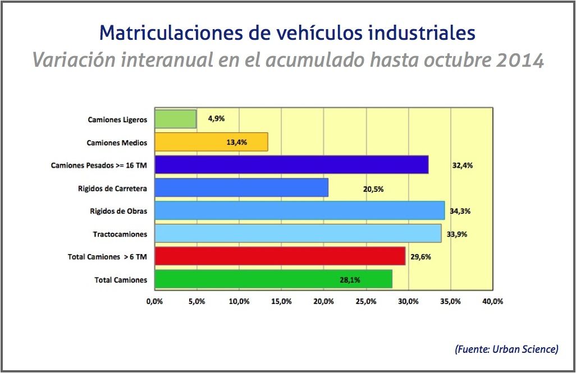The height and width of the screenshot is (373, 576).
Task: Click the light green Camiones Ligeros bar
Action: [175, 119]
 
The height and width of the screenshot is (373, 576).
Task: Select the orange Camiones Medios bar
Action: [211, 142]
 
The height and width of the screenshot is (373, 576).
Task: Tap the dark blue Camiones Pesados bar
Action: [291, 165]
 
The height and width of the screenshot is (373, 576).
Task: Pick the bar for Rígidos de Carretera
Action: [241, 188]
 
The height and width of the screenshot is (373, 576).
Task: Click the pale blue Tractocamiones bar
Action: [298, 233]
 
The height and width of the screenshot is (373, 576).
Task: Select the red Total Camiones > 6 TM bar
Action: [280, 256]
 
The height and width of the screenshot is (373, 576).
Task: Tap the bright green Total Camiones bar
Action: [273, 279]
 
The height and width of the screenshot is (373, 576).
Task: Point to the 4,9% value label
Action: [216, 119]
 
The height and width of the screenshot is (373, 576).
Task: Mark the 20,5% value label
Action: [373, 189]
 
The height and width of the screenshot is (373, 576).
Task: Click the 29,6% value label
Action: [420, 257]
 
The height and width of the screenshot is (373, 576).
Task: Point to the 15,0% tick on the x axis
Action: [281, 301]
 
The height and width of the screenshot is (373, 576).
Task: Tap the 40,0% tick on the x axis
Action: [493, 301]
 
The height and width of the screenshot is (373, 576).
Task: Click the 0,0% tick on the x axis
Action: [154, 301]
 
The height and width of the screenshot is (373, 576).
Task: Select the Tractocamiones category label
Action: [120, 234]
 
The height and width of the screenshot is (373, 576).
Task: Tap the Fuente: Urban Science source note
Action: [506, 349]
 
